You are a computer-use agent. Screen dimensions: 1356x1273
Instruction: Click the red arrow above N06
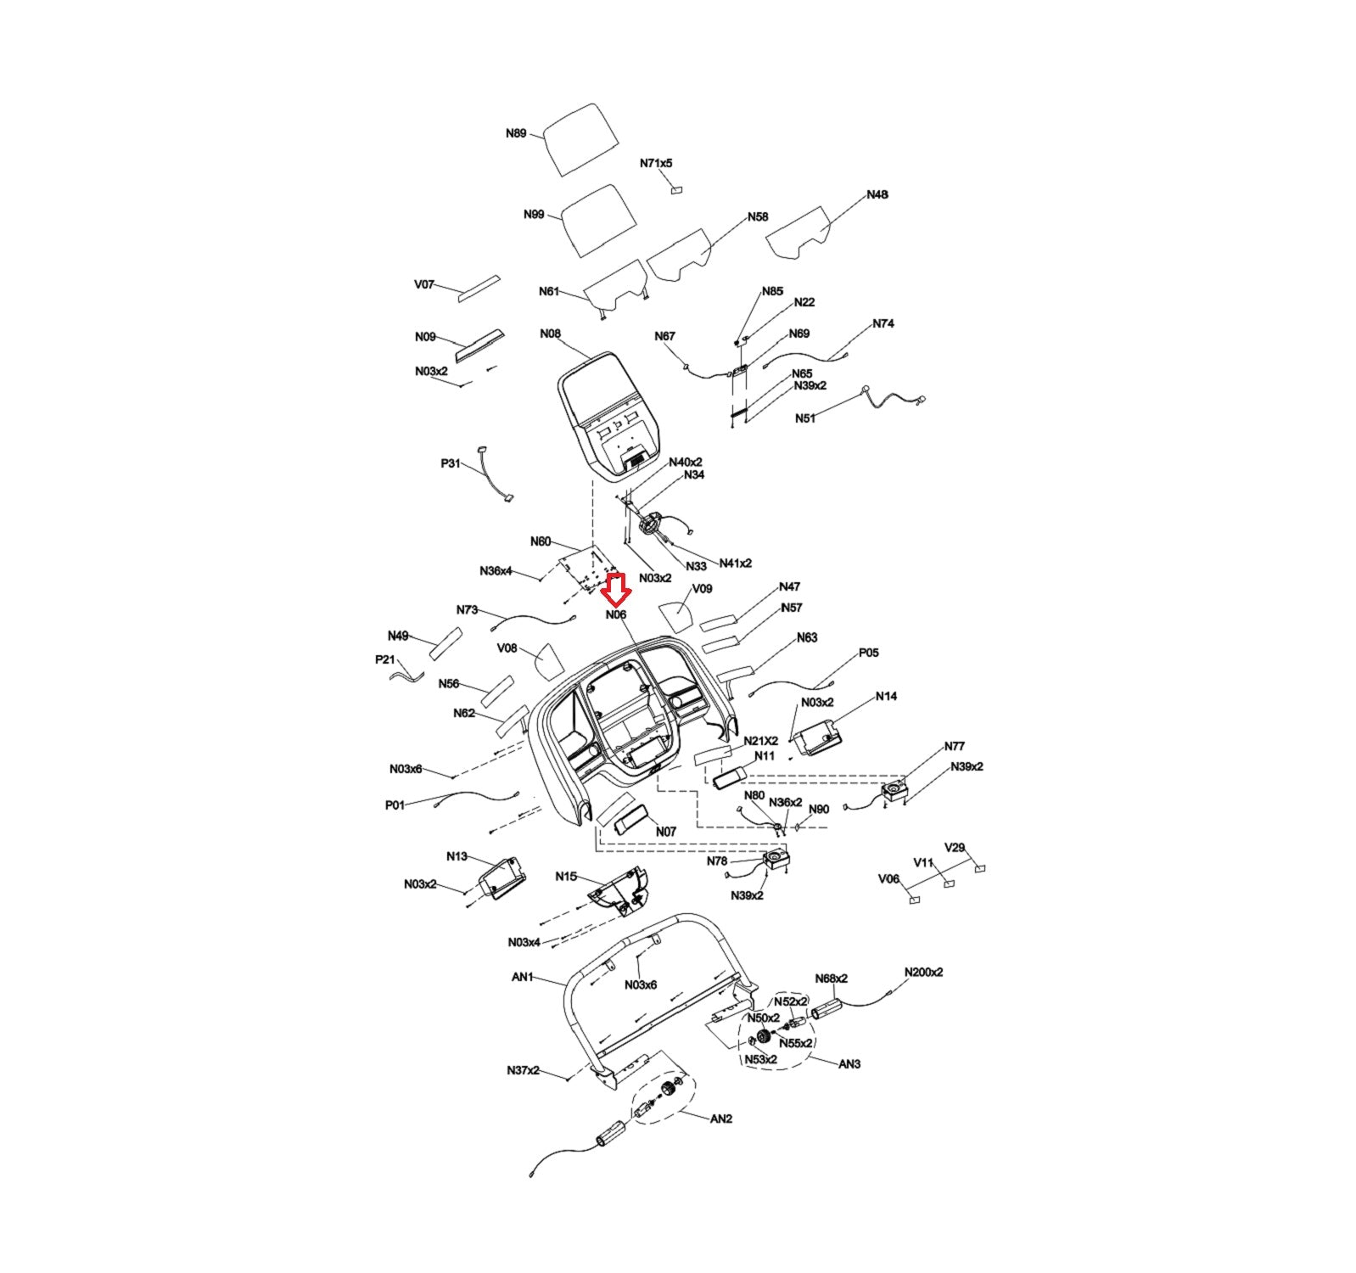[616, 586]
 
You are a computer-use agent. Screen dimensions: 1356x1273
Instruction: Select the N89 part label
[516, 133]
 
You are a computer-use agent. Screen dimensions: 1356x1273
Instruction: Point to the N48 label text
[877, 194]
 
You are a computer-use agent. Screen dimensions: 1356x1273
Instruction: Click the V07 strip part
[479, 287]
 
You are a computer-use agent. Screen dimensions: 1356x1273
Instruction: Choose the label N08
[550, 334]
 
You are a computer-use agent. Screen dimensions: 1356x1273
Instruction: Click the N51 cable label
[805, 418]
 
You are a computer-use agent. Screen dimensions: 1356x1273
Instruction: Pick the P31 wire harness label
[451, 463]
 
